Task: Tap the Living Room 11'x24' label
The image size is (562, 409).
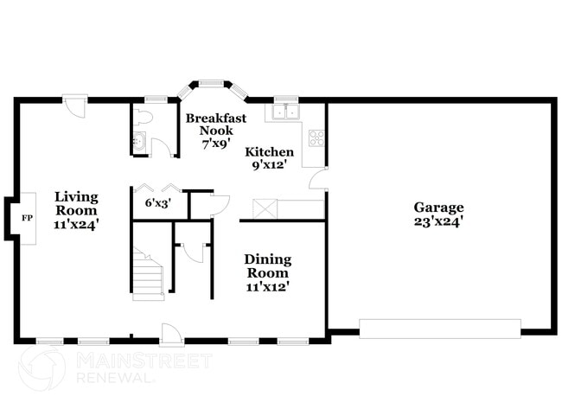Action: click(x=77, y=210)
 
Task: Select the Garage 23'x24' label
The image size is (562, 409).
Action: click(x=438, y=214)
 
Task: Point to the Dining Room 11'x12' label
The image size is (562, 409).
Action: click(x=267, y=272)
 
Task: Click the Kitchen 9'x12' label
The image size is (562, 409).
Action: click(x=270, y=157)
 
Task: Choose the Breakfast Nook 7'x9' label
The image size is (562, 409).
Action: click(x=215, y=131)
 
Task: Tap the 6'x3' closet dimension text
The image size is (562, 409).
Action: click(x=156, y=203)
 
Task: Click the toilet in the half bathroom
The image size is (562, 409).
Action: click(x=144, y=117)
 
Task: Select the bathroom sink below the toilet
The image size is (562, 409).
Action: click(x=139, y=141)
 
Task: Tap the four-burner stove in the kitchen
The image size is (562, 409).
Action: click(x=316, y=137)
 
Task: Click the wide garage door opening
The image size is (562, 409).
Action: click(x=439, y=329)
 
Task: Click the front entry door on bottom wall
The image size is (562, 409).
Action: click(x=171, y=333)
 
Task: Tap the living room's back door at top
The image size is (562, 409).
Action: click(x=75, y=106)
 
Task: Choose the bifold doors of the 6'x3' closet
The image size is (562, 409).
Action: click(x=156, y=187)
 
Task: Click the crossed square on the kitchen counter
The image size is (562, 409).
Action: click(x=264, y=208)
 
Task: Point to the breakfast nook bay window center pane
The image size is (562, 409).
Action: click(x=212, y=84)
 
